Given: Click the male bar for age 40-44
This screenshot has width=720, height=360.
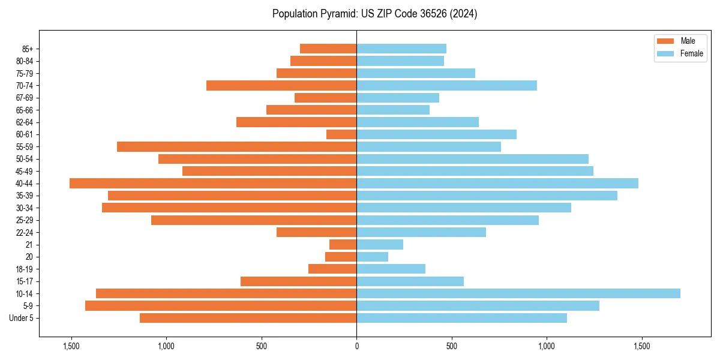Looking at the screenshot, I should pos(213,184).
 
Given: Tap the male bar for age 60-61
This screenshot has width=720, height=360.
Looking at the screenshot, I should pos(341,134).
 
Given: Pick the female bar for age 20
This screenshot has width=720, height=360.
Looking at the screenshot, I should pos(372,257).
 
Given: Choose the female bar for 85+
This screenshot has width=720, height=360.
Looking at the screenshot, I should pos(401,49).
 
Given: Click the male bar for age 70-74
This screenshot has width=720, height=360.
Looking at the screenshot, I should pos(281,86).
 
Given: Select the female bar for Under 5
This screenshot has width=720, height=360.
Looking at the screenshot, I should pos(461,318).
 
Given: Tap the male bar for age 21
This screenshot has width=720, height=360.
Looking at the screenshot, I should pos(343,245).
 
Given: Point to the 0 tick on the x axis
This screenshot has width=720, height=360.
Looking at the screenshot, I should pos(356,346).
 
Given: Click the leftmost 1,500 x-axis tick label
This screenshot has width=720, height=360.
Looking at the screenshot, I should pos(71,346).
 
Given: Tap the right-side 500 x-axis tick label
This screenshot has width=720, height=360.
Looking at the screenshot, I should pos(452,346).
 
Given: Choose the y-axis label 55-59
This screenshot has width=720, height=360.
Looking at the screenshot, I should pos(23,147).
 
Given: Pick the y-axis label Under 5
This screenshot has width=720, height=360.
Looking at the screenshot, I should pos(21,318).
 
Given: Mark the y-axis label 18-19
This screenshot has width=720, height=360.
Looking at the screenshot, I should pos(23,269).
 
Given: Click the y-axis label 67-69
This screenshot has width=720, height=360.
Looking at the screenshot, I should pos(23,98).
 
